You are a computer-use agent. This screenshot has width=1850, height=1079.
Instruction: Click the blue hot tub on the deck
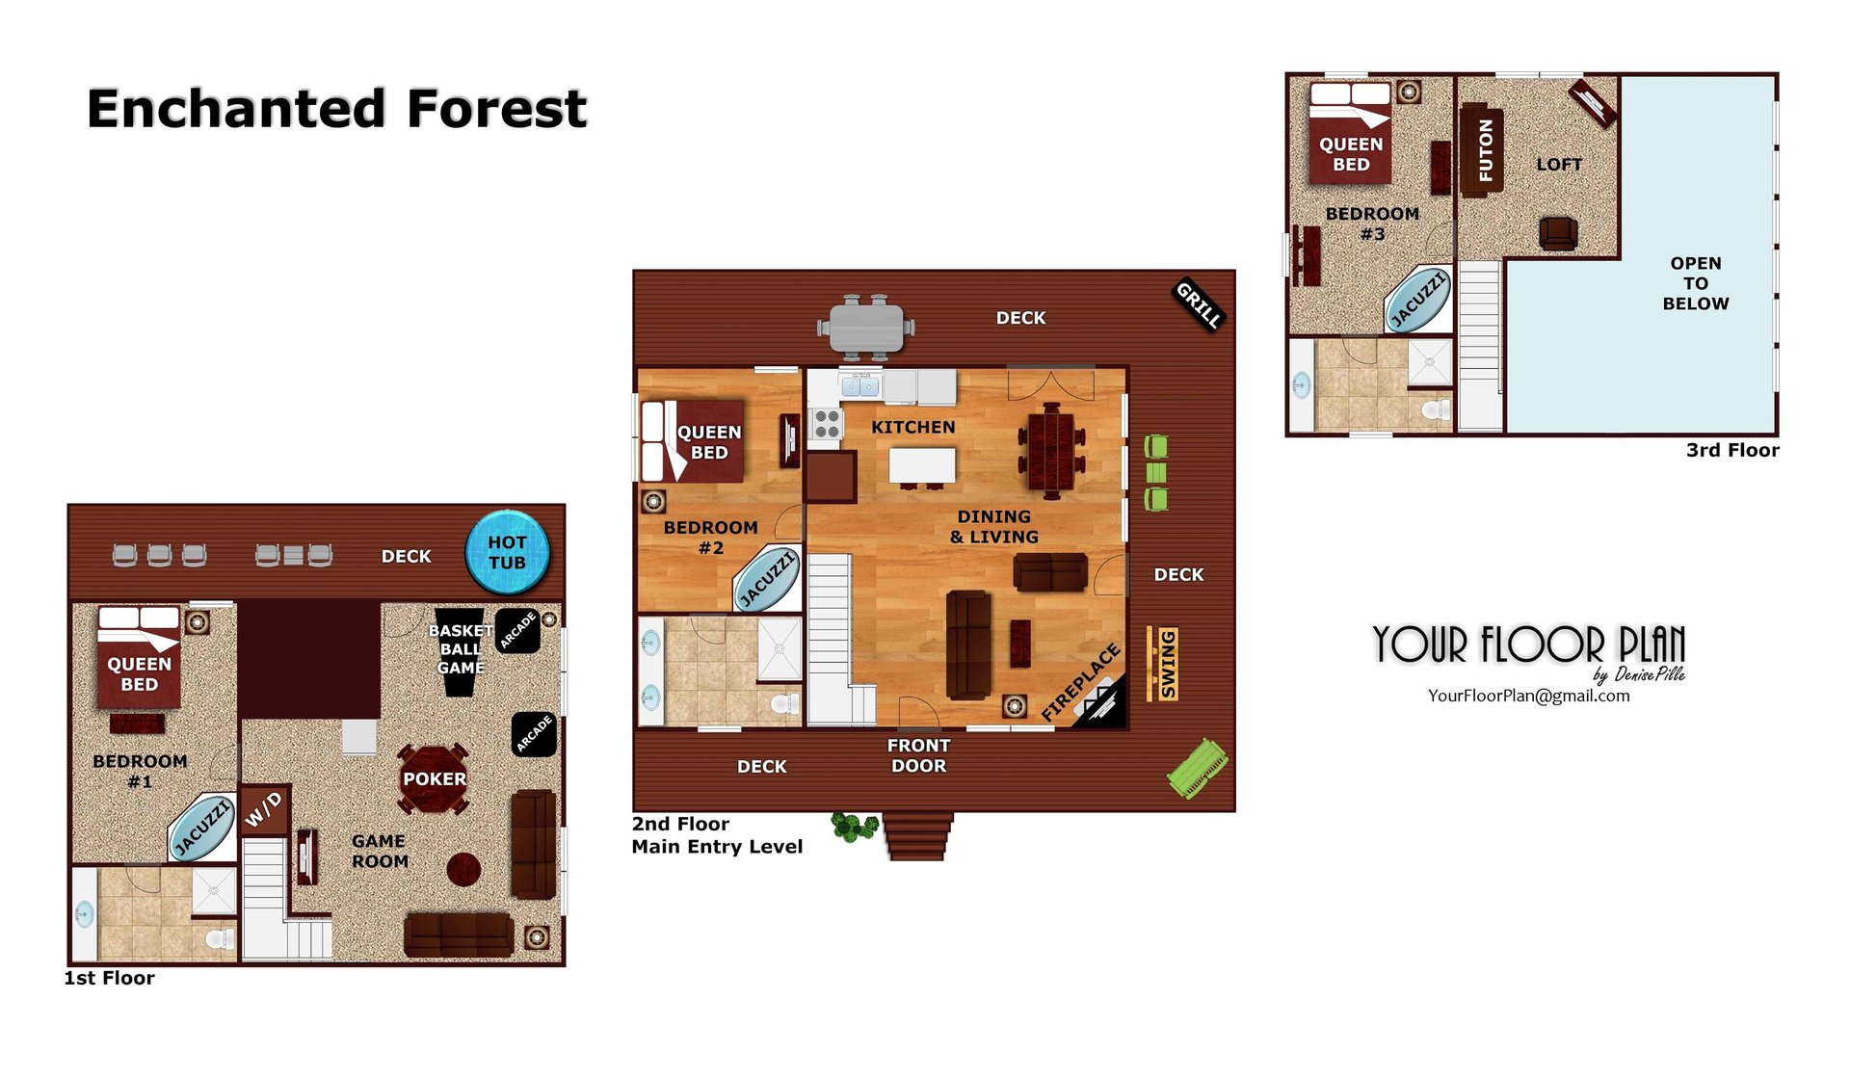pos(508,552)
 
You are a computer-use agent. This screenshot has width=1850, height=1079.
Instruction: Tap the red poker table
pos(435,778)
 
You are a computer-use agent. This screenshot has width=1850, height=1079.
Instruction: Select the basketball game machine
pos(459,651)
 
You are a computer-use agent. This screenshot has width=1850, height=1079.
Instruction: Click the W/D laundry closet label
pos(263,810)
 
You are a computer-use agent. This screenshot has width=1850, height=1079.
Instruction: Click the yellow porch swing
pos(1166,664)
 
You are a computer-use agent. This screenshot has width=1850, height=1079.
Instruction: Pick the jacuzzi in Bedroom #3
pos(1417,300)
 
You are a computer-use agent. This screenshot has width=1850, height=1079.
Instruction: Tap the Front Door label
pos(918,755)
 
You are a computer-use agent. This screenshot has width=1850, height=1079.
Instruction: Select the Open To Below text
pos(1695,283)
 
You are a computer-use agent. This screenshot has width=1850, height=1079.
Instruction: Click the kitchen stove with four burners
pos(827,424)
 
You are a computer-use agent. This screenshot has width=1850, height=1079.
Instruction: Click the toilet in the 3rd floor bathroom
pos(1435,409)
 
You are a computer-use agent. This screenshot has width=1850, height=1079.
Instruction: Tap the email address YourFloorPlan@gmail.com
pos(1528,696)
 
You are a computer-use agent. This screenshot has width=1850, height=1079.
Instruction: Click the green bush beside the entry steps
pos(854,827)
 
